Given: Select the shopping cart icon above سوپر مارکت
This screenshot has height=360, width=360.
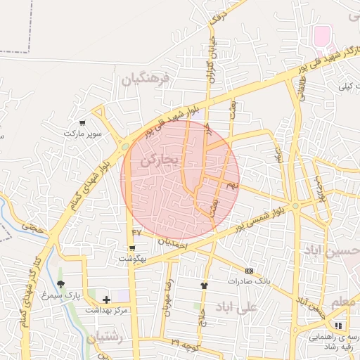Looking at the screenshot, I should click(83, 122).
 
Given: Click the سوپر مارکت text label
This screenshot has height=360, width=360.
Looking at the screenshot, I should click(83, 133).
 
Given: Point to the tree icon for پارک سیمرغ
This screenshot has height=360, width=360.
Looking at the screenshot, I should click(61, 285).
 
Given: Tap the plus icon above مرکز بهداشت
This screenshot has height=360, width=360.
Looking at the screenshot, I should click(106, 300).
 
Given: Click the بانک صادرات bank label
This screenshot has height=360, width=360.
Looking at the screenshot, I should click(249, 281).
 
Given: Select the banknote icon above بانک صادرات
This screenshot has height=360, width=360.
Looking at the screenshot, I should click(249, 271).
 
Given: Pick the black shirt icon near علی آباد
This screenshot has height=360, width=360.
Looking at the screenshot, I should click(204, 285).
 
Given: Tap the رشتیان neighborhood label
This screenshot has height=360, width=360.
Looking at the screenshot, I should click(105, 337).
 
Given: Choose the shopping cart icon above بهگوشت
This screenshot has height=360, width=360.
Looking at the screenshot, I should click(131, 248).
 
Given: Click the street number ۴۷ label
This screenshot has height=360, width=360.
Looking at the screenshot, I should click(136, 233).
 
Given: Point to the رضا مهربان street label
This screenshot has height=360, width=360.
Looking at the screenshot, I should click(168, 299).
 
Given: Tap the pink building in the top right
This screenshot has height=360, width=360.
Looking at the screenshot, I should click(321, 35).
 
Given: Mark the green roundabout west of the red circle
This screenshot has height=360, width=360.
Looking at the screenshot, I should click(124, 146).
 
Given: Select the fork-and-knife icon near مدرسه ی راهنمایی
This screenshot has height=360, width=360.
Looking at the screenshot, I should click(337, 326).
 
